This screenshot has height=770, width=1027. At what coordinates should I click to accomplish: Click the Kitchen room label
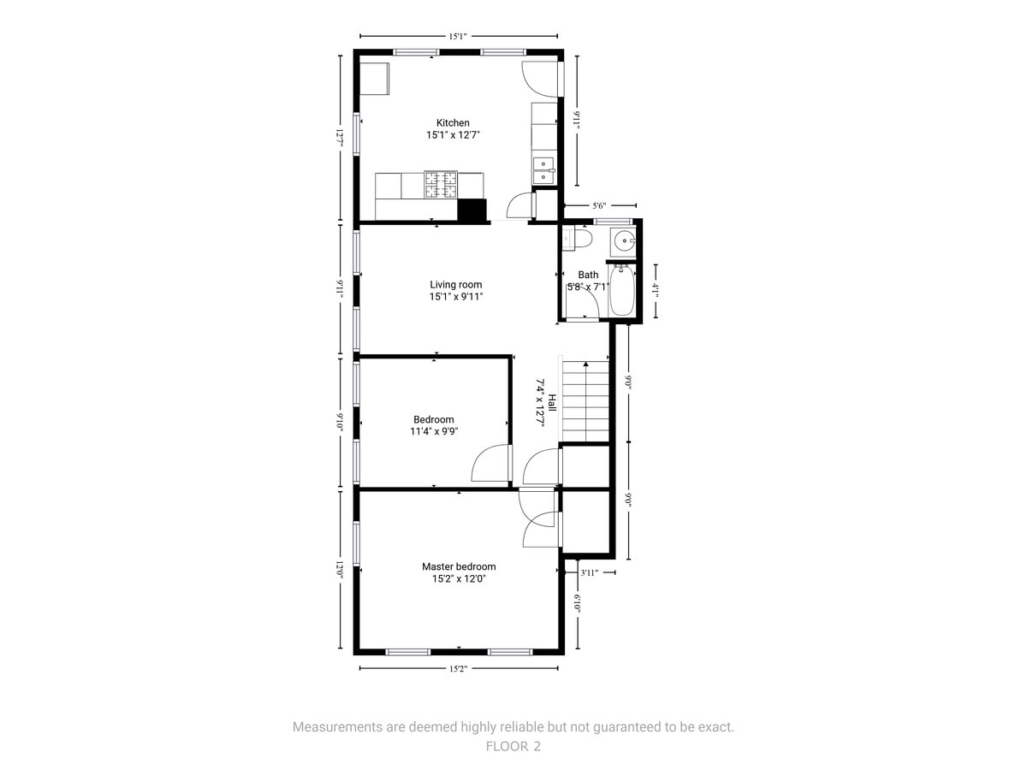pos(453,123)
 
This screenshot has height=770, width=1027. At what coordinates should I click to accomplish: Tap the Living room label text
pos(455,285)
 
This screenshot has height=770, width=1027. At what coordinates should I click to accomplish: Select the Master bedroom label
pos(459,566)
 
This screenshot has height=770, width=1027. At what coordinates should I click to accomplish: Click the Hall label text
pos(552,402)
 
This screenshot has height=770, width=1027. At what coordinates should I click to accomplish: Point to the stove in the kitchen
pos(440,185)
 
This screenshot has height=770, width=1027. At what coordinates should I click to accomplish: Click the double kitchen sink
pos(543,170)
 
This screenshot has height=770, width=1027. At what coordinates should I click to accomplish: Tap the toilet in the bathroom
pos(577,239)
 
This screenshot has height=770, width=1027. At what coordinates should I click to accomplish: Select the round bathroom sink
pos(624,241)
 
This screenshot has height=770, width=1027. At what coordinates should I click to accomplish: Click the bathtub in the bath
pos(622,291)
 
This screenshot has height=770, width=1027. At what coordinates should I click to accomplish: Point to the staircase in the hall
pos(585,401)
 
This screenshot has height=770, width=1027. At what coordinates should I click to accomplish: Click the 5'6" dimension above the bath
pos(599,205)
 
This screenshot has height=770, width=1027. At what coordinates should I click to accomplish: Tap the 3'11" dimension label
pos(589,572)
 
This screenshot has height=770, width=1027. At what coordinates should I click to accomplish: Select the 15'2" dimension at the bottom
pos(458,668)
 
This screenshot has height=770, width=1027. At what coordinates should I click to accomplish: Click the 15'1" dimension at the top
pos(458,37)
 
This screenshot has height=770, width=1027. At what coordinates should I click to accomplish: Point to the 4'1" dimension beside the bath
pos(656,291)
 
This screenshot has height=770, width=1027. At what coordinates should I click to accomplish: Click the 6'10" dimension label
pos(578,603)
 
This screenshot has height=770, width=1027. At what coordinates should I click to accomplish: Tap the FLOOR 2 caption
pos(513,746)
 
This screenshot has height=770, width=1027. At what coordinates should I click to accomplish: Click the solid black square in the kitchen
pos(472,210)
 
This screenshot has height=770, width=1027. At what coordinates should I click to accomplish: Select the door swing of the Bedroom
pos(490,462)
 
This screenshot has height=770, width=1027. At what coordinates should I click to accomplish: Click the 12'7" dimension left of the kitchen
pos(340,139)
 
